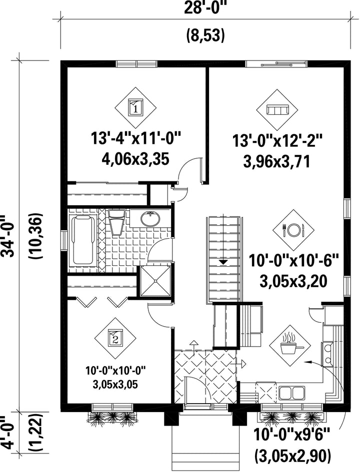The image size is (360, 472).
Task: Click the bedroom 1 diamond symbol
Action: [x=135, y=108]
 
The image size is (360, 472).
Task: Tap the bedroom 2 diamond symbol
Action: [x=115, y=338]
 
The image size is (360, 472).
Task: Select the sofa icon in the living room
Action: [x=277, y=109]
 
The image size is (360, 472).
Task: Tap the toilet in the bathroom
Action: [x=116, y=222]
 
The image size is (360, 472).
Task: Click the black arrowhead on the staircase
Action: [x=223, y=262]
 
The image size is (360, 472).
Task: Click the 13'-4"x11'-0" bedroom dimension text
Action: [x=136, y=139]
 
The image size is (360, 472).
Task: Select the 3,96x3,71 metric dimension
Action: [x=276, y=162]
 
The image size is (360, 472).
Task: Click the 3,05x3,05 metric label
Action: [x=115, y=384]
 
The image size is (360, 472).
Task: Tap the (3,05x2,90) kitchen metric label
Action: [x=292, y=456]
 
